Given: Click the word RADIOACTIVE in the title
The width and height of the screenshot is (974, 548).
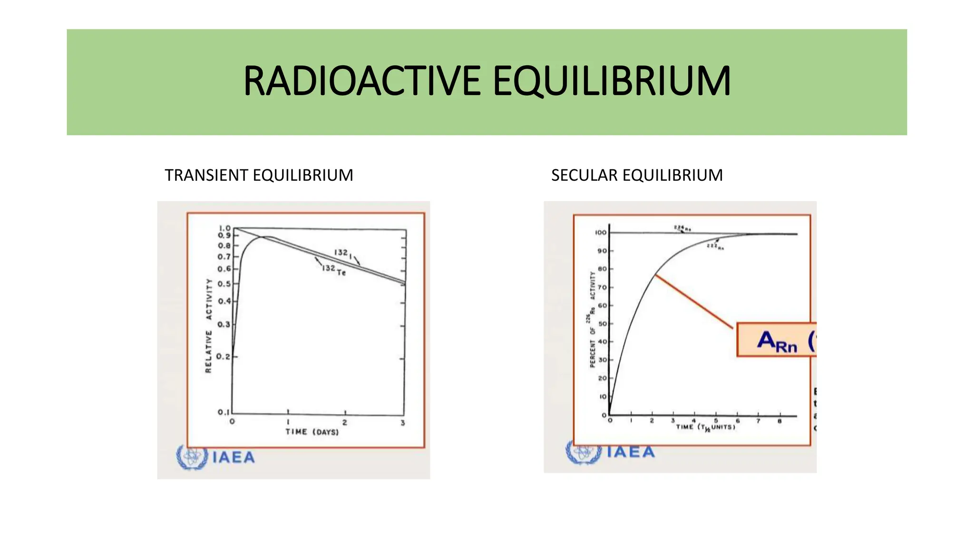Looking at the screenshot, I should click(362, 81).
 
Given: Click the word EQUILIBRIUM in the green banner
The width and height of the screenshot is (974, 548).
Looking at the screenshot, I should click(611, 81).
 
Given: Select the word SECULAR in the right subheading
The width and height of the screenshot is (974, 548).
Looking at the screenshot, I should click(585, 175).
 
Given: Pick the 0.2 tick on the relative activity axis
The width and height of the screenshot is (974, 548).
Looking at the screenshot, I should click(223, 356).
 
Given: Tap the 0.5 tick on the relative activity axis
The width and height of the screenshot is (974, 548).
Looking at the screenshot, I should click(224, 284).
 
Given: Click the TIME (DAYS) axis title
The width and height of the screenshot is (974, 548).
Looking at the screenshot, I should click(312, 432).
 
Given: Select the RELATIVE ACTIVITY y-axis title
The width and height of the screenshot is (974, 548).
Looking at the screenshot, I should click(208, 326).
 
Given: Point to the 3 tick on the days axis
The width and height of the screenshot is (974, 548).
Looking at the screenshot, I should click(403, 423).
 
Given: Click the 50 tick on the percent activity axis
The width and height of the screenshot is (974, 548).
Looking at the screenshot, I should click(602, 324).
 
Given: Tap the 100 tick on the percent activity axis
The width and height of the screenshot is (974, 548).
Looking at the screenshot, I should click(601, 233).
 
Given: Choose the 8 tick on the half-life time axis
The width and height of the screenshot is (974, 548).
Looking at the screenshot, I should click(779, 421).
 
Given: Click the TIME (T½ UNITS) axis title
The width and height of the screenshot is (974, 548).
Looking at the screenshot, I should click(705, 427).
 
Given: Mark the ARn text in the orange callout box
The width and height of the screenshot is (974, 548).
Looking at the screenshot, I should click(777, 342).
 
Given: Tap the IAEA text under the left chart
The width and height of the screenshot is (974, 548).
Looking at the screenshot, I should click(234, 458).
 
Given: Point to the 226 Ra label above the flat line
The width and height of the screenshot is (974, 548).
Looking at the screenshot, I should click(682, 228).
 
